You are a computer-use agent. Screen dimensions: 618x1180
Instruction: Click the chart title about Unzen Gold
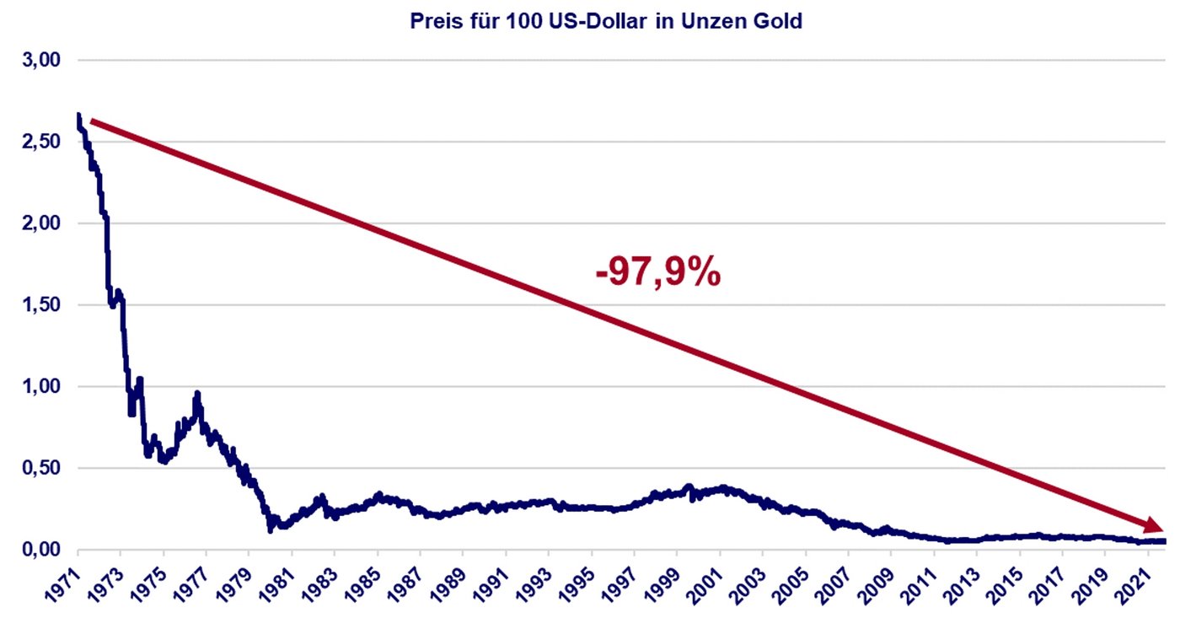pos(605,22)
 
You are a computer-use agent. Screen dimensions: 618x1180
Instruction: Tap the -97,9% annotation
pos(658,273)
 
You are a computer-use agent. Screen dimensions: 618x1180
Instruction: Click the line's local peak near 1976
pos(197,394)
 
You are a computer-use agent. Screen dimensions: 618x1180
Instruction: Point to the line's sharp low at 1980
pos(271,529)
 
